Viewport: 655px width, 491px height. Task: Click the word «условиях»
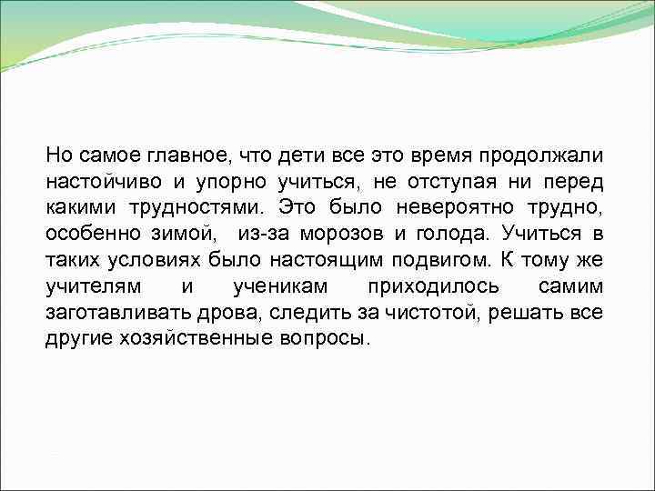pyautogui.click(x=155, y=261)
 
